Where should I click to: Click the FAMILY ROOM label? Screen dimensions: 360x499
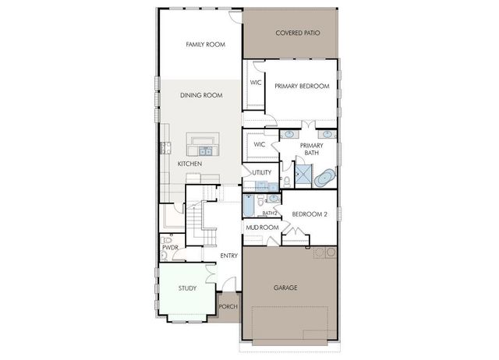(x=205, y=45)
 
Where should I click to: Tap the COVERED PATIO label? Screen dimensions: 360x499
(x=290, y=34)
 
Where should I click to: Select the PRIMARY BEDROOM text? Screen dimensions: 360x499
(x=301, y=86)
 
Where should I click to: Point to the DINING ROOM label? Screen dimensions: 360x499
(x=201, y=95)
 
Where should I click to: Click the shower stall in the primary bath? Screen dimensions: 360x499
(x=301, y=173)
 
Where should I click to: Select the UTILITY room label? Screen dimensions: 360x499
(x=261, y=171)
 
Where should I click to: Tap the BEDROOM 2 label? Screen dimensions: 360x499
(x=310, y=214)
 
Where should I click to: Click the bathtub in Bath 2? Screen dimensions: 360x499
(x=248, y=205)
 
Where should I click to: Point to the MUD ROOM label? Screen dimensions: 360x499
(x=262, y=228)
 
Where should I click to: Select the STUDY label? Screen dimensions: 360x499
(x=187, y=288)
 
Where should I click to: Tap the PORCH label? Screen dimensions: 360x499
(x=228, y=306)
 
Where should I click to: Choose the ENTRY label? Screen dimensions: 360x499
(x=228, y=256)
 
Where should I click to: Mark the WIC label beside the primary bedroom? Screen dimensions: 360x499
(x=255, y=83)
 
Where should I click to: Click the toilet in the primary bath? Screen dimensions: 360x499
(x=287, y=181)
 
